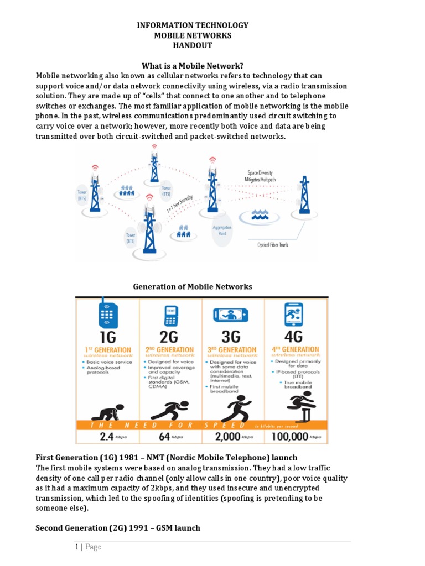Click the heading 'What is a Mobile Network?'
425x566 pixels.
tap(193, 66)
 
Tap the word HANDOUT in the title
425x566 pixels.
tap(193, 45)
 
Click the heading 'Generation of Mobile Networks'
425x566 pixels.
tap(193, 286)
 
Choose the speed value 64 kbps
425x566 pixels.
tap(170, 436)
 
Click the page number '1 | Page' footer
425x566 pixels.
tap(89, 547)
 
